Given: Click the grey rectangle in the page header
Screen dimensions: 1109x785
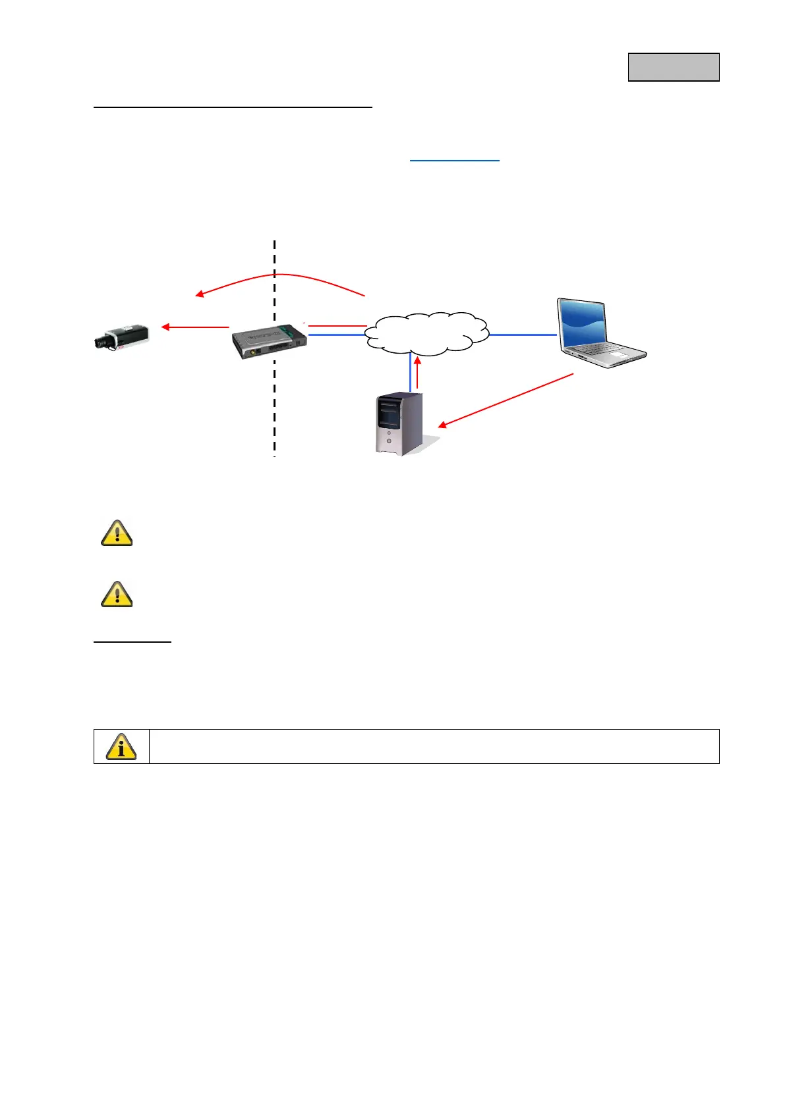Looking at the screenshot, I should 673,67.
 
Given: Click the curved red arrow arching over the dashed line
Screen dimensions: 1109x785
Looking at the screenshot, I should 280,275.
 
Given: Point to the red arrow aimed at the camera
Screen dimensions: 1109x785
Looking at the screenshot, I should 195,327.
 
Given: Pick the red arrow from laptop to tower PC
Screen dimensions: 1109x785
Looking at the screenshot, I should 506,400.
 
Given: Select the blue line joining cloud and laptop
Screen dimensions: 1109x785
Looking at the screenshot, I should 523,335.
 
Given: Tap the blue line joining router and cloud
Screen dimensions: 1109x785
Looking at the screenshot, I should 336,335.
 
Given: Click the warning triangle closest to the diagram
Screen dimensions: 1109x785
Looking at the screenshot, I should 117,533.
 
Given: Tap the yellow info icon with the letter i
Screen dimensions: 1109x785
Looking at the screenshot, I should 121,746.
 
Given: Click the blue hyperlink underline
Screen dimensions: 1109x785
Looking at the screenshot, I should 455,160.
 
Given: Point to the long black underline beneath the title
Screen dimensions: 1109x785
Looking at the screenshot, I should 233,106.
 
